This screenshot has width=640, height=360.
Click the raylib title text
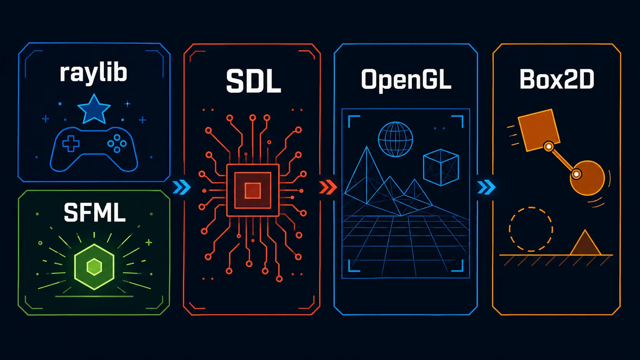coord(93,73)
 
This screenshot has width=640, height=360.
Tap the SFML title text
coord(95,212)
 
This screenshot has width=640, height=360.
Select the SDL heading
coord(253,81)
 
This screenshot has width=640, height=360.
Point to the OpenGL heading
coord(406,80)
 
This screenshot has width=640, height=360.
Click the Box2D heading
coord(557,79)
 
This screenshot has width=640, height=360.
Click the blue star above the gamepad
coord(94,109)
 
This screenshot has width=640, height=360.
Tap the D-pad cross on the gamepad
coord(71,143)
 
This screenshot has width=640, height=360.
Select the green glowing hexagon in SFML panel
coord(94,267)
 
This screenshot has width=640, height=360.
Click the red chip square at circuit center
coord(253,190)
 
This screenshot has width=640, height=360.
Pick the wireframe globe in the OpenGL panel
coord(395,139)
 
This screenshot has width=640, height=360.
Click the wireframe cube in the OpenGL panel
coord(441,167)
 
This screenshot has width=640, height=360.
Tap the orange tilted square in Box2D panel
coord(539,130)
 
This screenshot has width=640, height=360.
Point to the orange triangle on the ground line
coord(585,243)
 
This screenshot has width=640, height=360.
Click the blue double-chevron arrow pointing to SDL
coord(182,187)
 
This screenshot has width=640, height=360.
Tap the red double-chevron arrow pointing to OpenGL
coord(328,187)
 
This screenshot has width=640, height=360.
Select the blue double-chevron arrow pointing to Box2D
coord(486,187)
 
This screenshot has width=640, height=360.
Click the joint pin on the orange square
coord(549,147)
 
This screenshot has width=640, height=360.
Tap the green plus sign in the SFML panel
coord(149,243)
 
